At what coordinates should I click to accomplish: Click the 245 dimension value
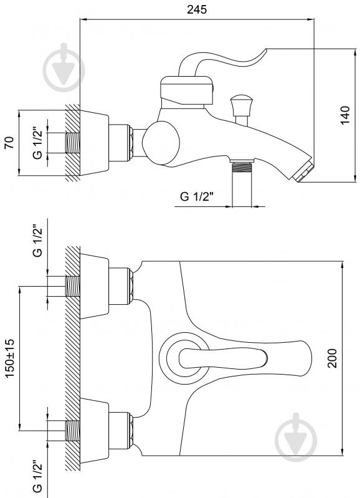pos(197,9)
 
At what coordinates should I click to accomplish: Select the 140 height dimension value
pos(345,115)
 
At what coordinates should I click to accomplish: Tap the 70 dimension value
pos(9,143)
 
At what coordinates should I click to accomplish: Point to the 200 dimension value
pos(332,358)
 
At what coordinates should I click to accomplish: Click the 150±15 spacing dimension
pos(10,358)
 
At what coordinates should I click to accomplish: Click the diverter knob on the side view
pos(242,105)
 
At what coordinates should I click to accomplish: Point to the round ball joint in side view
pos(161,143)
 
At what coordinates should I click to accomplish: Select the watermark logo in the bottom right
pos(296,438)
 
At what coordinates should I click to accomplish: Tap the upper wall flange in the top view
pos(94,286)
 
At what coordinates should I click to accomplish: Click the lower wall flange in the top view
pos(94,431)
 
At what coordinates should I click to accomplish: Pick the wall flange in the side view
pos(94,143)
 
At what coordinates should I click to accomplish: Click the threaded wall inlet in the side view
pos(73,143)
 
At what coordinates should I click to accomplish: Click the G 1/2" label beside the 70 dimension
pos(37,143)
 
